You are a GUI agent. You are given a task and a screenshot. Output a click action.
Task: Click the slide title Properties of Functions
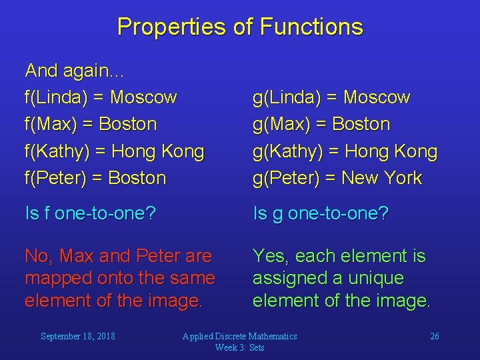240,27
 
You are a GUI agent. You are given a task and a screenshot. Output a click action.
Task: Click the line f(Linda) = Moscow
101,97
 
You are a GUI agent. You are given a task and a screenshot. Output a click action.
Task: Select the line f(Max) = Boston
91,124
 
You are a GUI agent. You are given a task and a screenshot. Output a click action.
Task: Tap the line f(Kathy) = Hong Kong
114,151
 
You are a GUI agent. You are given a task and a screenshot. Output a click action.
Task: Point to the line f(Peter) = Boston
95,178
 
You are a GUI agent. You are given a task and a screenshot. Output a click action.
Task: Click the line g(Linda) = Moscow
331,97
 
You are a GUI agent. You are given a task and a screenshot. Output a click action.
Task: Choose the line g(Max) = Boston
321,124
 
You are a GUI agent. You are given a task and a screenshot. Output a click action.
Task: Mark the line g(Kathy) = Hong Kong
345,151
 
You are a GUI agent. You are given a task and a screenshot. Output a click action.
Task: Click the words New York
382,178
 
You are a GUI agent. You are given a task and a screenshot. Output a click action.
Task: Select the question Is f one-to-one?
91,213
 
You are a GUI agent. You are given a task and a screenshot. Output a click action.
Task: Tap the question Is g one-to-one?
321,213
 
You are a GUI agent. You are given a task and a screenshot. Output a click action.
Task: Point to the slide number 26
434,336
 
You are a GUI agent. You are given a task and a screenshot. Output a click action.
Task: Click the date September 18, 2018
77,336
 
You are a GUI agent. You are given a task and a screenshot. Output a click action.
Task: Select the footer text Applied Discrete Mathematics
240,336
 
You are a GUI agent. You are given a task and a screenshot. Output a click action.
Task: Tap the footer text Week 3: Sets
240,347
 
